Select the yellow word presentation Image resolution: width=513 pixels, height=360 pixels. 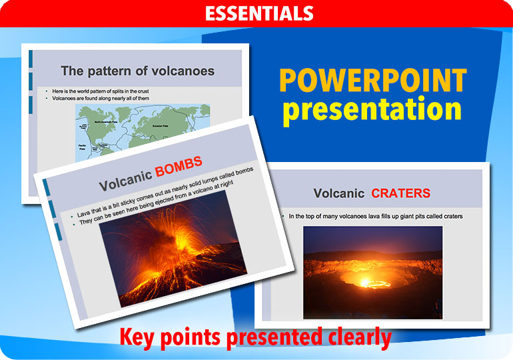(372, 111)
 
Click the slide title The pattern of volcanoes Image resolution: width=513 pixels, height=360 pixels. (137, 71)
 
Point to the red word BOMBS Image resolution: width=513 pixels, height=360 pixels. (179, 167)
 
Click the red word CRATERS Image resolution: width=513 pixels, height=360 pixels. (400, 193)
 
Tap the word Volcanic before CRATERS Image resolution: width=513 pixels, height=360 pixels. (339, 193)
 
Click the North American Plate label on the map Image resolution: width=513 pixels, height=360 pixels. (107, 123)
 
